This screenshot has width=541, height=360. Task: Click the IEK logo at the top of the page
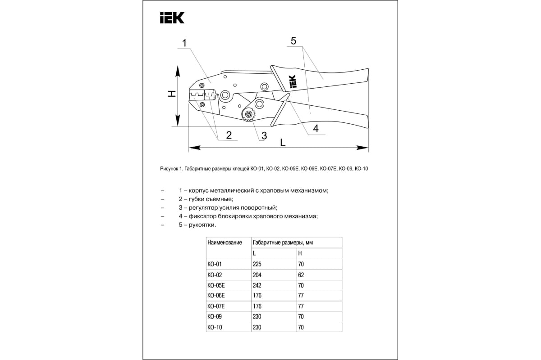(x=172, y=18)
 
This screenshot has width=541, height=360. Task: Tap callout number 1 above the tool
(x=185, y=43)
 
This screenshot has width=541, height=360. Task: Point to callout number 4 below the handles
(x=316, y=128)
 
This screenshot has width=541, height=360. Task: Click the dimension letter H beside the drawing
(x=171, y=94)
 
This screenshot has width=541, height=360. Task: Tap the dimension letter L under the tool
(x=283, y=143)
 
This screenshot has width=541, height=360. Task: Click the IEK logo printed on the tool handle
(x=291, y=82)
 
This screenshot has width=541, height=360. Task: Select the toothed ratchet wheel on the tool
(x=248, y=115)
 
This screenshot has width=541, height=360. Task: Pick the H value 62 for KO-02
(x=301, y=274)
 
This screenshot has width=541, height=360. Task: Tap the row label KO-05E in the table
(x=216, y=285)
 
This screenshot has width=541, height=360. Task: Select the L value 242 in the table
(x=257, y=285)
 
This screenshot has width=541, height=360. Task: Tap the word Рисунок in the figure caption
(x=170, y=169)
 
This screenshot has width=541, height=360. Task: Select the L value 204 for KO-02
(x=257, y=274)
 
